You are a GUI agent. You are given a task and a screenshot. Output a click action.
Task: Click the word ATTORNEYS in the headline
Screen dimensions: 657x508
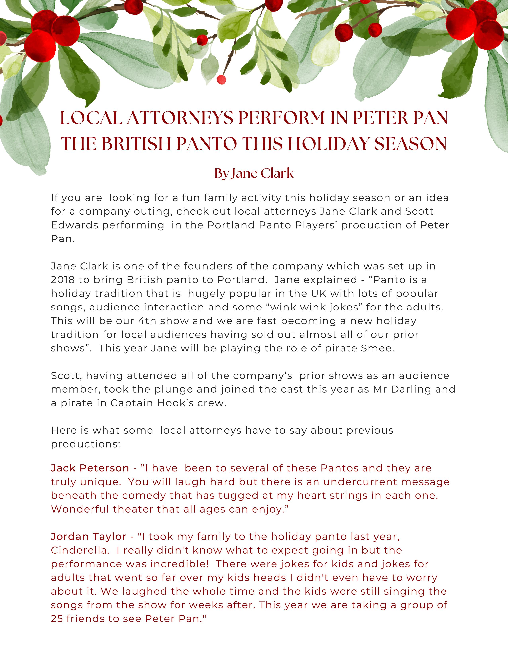pyautogui.click(x=180, y=118)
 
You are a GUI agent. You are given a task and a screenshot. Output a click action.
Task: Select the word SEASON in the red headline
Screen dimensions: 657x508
pyautogui.click(x=410, y=144)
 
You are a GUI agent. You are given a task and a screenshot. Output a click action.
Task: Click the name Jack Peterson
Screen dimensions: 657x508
pyautogui.click(x=90, y=468)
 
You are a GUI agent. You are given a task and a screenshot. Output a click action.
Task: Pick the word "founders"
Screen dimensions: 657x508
pyautogui.click(x=204, y=266)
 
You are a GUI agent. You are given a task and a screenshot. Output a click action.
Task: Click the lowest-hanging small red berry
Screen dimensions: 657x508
pyautogui.click(x=221, y=80)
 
